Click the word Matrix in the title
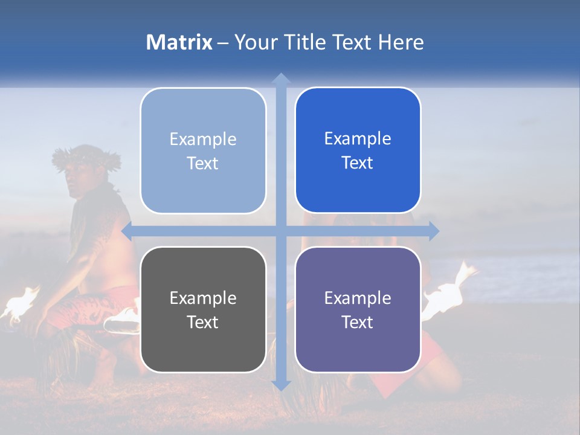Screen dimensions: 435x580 click(179, 42)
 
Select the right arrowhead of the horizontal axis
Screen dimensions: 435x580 click(434, 231)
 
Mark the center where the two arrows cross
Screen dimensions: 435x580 click(281, 231)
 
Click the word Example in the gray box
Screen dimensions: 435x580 click(203, 298)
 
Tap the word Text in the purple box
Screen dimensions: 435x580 click(358, 322)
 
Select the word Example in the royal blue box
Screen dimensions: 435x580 click(358, 138)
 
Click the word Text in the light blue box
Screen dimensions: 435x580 click(203, 163)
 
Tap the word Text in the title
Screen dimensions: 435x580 click(353, 42)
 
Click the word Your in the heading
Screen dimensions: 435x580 click(254, 42)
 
